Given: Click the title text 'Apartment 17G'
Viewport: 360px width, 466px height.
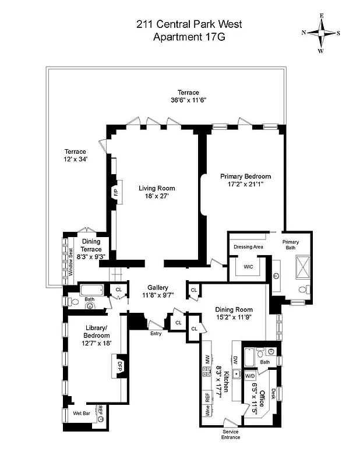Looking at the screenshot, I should click(x=188, y=37).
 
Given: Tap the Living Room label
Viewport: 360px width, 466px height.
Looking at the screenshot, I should click(x=157, y=188).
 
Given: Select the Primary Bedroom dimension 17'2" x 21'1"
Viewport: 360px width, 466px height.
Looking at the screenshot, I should click(x=245, y=184).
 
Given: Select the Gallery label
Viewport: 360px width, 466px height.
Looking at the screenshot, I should click(x=157, y=287).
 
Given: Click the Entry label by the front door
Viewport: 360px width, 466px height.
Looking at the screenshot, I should click(x=156, y=334).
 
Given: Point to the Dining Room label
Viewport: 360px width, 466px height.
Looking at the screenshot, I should click(x=233, y=309).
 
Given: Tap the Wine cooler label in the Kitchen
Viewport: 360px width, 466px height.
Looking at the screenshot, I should click(x=207, y=410).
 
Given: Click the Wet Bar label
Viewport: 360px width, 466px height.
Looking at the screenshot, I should click(x=81, y=413).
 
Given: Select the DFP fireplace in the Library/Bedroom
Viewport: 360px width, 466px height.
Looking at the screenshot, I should click(x=115, y=366).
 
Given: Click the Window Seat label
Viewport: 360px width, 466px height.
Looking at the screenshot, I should click(x=70, y=262).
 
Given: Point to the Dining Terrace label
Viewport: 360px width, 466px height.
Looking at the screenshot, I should click(x=91, y=245).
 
